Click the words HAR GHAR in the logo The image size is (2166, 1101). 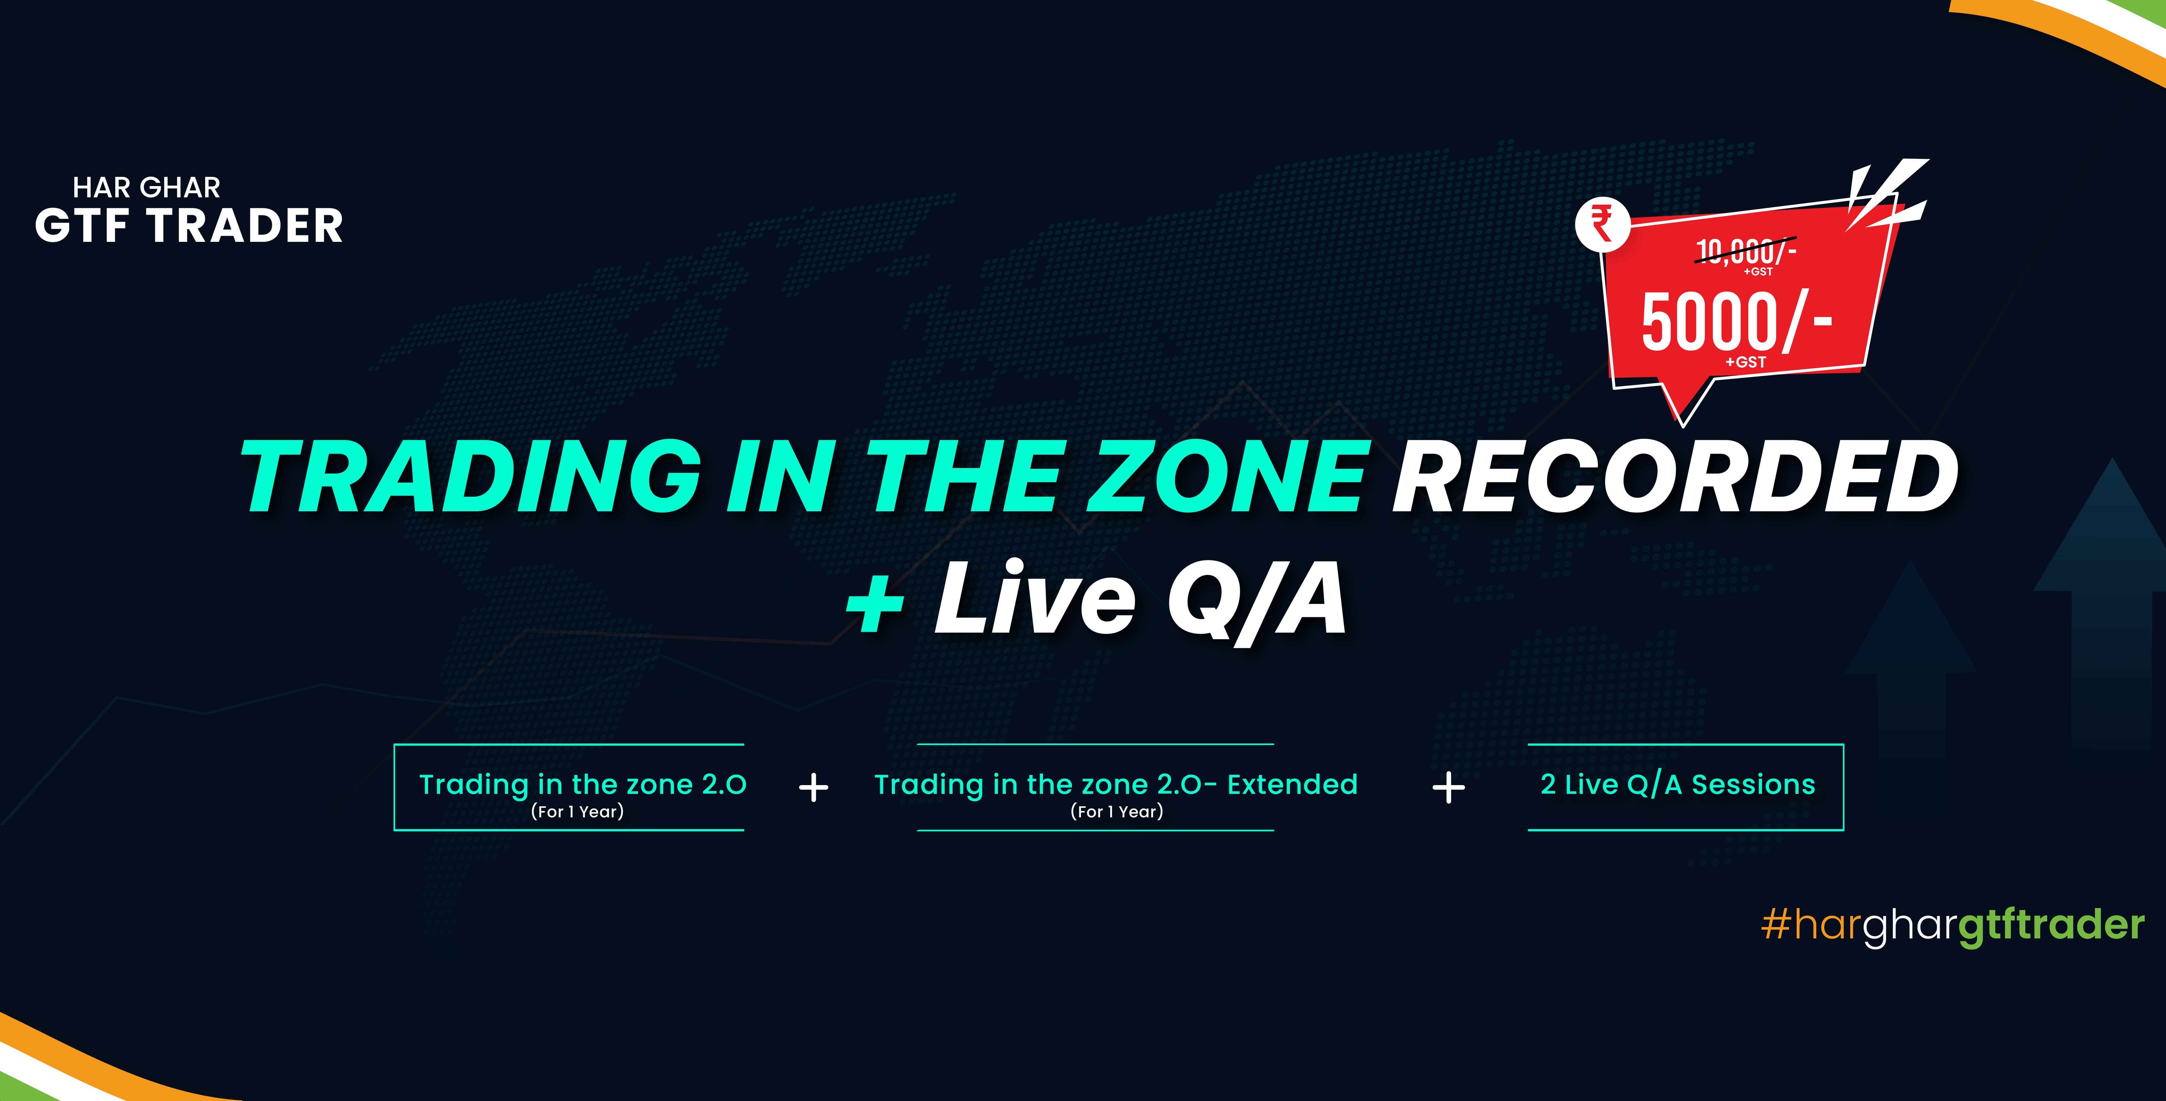(146, 187)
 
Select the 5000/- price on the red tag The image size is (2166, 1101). (1736, 322)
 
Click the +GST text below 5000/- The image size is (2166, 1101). (1746, 362)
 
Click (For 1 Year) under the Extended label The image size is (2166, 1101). (1117, 812)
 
